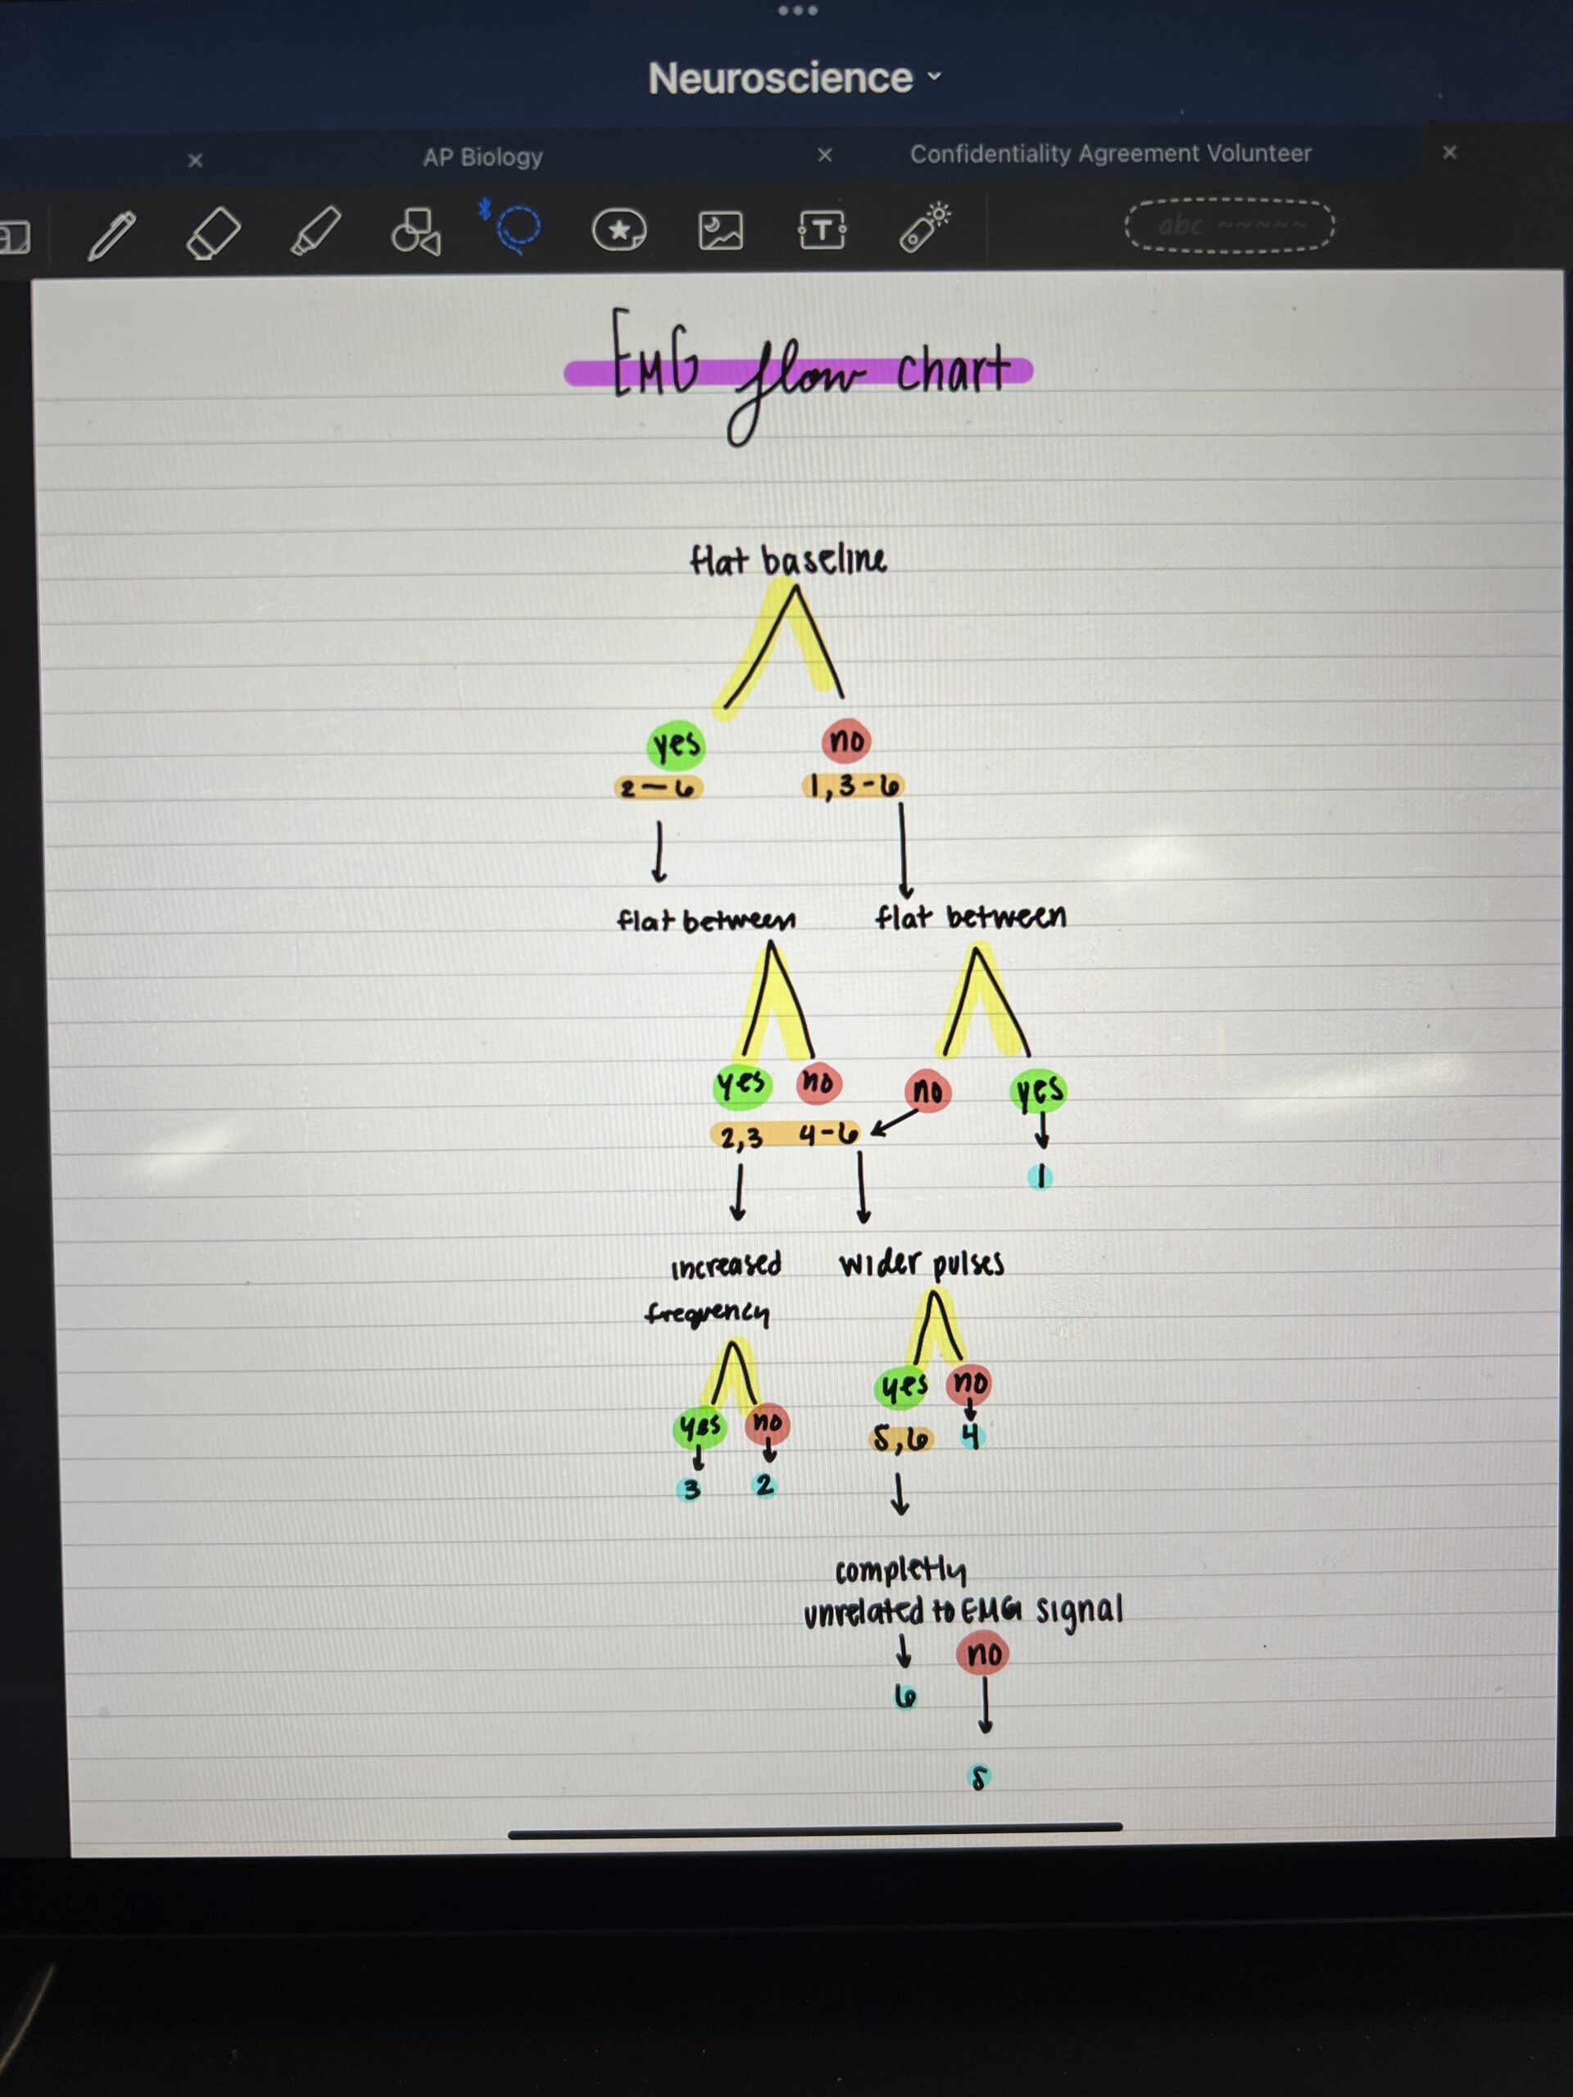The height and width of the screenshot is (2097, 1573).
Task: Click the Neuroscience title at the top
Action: [x=780, y=78]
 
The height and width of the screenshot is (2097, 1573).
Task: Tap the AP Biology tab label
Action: [x=483, y=156]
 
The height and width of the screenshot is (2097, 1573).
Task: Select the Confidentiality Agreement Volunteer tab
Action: [x=1110, y=153]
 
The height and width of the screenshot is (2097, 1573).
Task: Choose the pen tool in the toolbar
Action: [x=112, y=234]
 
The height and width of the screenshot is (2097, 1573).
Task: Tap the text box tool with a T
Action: [x=821, y=229]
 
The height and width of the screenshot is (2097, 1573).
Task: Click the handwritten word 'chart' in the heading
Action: [x=952, y=369]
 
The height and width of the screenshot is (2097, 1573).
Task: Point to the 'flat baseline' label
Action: [x=788, y=559]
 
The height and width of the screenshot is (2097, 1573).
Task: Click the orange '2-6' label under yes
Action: [x=659, y=788]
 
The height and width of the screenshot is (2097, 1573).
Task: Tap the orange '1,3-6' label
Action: [x=852, y=786]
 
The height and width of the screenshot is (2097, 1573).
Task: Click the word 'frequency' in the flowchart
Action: [x=707, y=1313]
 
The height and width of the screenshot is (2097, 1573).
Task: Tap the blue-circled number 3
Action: [x=691, y=1489]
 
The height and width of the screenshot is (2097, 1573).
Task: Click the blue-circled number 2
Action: [x=764, y=1486]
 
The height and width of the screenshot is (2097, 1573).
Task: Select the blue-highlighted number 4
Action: [x=970, y=1438]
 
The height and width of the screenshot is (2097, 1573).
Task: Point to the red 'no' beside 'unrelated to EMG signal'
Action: [x=983, y=1653]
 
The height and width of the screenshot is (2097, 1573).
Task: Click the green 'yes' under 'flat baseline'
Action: [x=676, y=745]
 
